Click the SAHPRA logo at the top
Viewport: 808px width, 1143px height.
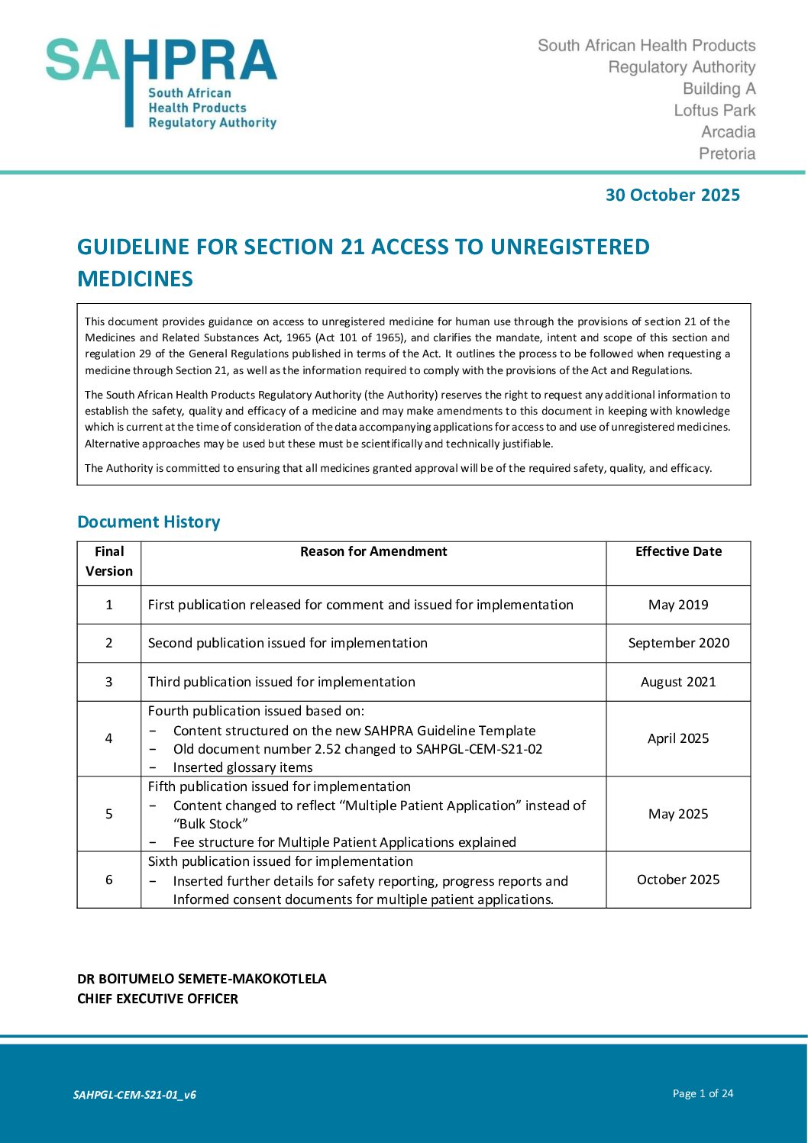pyautogui.click(x=161, y=82)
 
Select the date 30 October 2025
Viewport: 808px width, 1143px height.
pyautogui.click(x=672, y=195)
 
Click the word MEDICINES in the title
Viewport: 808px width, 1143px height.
pyautogui.click(x=135, y=279)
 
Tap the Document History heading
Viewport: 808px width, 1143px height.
pyautogui.click(x=149, y=522)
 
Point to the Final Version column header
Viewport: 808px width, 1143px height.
pyautogui.click(x=109, y=561)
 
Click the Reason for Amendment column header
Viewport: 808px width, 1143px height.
pyautogui.click(x=373, y=551)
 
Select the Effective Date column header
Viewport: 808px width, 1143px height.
pyautogui.click(x=678, y=551)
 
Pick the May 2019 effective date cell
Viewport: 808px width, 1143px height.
pyautogui.click(x=678, y=605)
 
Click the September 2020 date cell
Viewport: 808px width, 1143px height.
pyautogui.click(x=678, y=643)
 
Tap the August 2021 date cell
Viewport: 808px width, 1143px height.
pyautogui.click(x=678, y=682)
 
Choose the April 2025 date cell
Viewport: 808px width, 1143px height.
pyautogui.click(x=678, y=738)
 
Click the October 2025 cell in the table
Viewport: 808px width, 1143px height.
pyautogui.click(x=678, y=880)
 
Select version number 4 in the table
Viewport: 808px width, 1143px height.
pyautogui.click(x=109, y=738)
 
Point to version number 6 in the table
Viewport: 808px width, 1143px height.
pyautogui.click(x=109, y=880)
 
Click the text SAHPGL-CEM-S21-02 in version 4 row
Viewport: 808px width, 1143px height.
pyautogui.click(x=479, y=749)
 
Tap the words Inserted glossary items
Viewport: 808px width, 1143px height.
pyautogui.click(x=243, y=767)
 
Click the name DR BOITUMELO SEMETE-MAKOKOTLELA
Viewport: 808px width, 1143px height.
pyautogui.click(x=202, y=979)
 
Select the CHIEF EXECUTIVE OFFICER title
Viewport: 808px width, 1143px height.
pyautogui.click(x=157, y=999)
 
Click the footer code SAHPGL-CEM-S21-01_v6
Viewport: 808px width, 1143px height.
pyautogui.click(x=134, y=1095)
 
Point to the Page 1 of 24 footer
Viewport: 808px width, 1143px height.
pyautogui.click(x=703, y=1093)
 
